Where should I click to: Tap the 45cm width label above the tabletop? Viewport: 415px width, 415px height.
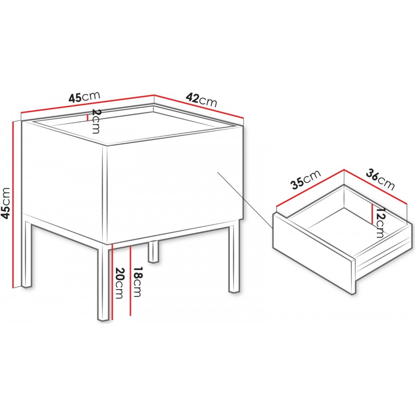tap(84, 97)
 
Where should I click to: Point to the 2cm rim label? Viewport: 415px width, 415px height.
tap(95, 122)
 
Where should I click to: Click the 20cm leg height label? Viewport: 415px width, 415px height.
tap(119, 283)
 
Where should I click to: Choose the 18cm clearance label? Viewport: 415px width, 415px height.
tap(137, 281)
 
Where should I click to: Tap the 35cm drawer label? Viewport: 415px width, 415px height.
tap(306, 179)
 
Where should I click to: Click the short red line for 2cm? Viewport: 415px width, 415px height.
tap(87, 117)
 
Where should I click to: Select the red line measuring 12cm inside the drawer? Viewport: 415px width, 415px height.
tap(372, 214)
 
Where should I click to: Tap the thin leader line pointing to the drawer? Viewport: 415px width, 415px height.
tap(245, 200)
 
